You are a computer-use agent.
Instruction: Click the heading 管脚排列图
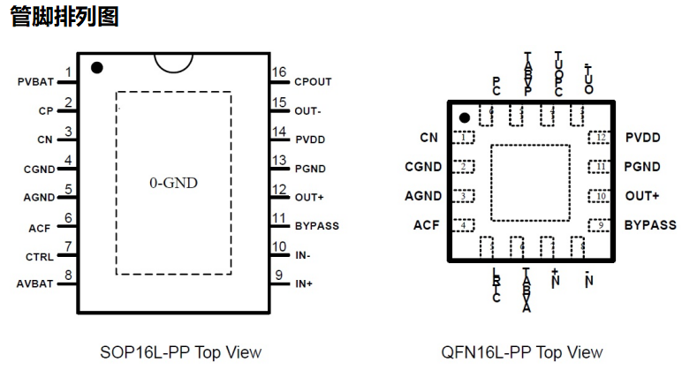point(64,16)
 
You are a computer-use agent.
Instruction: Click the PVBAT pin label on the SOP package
point(36,82)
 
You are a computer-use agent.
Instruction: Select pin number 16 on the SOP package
point(279,72)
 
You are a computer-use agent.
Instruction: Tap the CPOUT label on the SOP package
point(313,82)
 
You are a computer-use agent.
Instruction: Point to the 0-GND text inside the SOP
point(173,183)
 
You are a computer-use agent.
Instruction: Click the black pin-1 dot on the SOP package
point(97,67)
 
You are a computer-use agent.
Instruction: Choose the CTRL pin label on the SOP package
point(39,257)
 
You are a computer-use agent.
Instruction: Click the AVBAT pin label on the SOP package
point(36,284)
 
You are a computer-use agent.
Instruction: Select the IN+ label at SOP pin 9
point(304,284)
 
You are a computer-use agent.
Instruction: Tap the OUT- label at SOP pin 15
point(308,111)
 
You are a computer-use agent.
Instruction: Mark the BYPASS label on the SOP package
point(316,226)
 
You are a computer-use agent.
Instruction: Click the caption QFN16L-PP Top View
point(521,352)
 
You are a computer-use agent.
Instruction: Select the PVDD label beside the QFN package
point(642,137)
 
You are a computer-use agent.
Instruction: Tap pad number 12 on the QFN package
point(601,138)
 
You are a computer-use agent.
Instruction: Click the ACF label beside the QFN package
point(426,225)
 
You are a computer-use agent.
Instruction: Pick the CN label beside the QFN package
point(429,137)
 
